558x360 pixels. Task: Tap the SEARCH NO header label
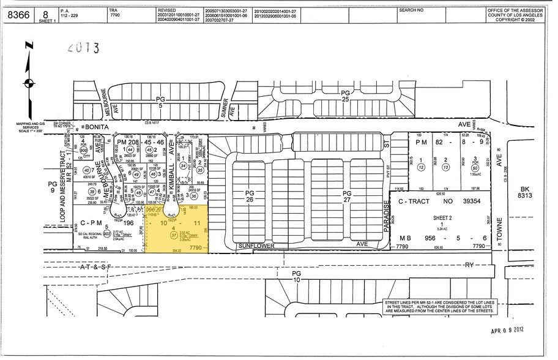[411, 10]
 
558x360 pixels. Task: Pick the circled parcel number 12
[421, 166]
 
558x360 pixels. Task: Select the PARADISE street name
[386, 219]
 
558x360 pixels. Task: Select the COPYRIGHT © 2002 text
[519, 20]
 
